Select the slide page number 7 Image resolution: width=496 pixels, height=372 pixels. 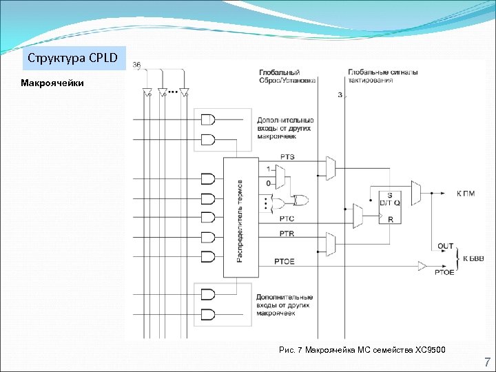coord(487,362)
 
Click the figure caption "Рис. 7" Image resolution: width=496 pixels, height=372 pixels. coord(291,351)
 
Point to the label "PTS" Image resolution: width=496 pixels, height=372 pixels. coord(287,157)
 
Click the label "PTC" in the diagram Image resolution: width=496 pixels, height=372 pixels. coord(287,219)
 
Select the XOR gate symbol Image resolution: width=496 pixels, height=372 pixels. coord(299,201)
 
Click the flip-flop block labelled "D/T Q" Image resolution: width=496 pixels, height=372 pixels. coord(389,203)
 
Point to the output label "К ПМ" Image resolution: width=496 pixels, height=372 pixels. coord(466,194)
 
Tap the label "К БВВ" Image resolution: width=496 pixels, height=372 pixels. coord(473,259)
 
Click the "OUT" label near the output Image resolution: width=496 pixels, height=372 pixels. coord(445,246)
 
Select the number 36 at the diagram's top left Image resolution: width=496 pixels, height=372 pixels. coord(136,65)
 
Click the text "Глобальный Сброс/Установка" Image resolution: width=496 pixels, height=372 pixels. coord(287,76)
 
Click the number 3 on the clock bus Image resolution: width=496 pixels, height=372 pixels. coord(340,94)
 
